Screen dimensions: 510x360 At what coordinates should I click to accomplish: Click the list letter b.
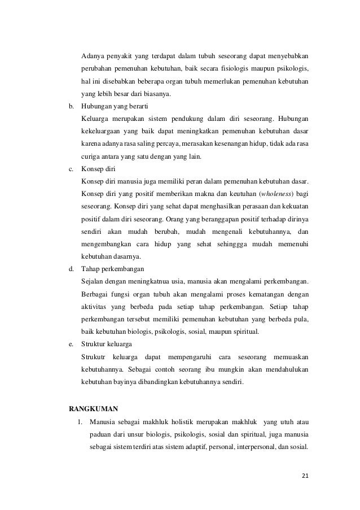click(x=71, y=106)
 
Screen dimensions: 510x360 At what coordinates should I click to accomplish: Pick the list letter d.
click(x=71, y=268)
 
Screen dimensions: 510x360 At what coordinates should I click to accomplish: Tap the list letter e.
click(x=71, y=343)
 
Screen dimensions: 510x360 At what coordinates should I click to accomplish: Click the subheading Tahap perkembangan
click(x=113, y=268)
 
